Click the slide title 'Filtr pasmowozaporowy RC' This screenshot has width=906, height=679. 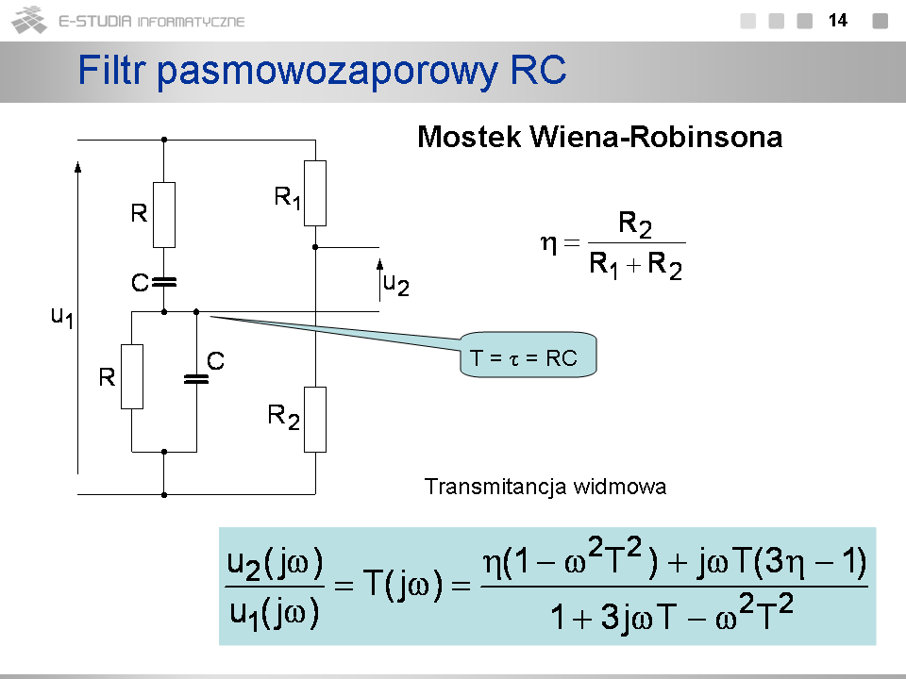[x=322, y=70]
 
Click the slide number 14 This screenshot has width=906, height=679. [x=838, y=20]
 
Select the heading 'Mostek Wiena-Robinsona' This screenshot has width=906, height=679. [x=599, y=138]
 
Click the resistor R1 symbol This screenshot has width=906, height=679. [x=315, y=193]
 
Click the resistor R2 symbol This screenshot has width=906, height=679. [x=315, y=419]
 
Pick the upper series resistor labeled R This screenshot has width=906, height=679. [x=164, y=215]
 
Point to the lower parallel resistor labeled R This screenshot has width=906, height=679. [x=132, y=376]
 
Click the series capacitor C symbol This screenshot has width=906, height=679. [x=164, y=280]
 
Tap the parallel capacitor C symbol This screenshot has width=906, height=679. [x=195, y=379]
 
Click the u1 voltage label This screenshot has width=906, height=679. [x=62, y=317]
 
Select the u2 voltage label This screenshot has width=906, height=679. [x=396, y=282]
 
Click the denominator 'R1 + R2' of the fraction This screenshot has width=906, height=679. [x=635, y=266]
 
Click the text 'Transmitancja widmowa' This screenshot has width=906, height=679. [x=545, y=488]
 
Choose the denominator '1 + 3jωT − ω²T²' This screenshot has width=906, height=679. [x=671, y=618]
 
